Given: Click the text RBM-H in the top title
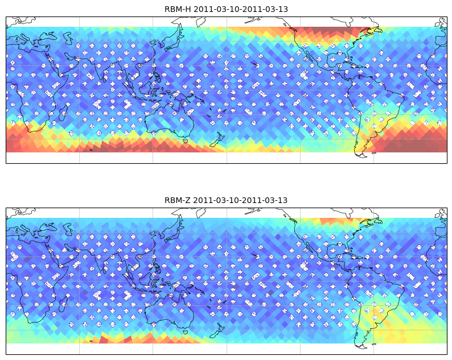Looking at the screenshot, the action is click(x=178, y=9).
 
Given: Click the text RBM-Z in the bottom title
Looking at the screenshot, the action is click(x=177, y=200).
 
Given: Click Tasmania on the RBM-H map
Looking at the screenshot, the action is click(x=186, y=141).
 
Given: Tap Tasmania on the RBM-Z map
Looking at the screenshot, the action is click(x=186, y=332).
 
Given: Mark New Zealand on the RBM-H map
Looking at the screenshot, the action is click(x=217, y=140).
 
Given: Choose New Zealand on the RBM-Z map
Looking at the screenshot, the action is click(x=217, y=330).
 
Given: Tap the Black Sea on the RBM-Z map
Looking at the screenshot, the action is click(x=48, y=227).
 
